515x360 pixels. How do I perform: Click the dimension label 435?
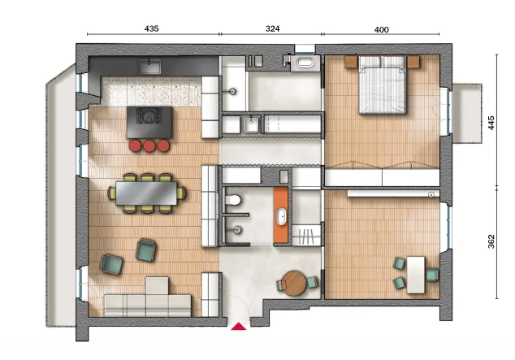click(151, 28)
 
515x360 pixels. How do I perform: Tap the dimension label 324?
click(272, 28)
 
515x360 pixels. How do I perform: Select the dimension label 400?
click(381, 29)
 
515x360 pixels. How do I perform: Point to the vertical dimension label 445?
click(491, 123)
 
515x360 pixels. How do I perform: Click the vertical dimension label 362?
click(491, 241)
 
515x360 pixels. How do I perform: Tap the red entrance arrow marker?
click(239, 326)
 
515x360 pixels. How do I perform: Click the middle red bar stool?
click(149, 145)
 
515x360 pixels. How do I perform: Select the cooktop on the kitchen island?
click(149, 116)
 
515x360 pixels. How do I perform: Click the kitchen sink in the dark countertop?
click(149, 66)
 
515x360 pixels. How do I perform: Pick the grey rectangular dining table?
click(146, 193)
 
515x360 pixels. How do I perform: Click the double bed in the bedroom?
click(382, 85)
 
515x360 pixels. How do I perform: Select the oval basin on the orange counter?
click(281, 216)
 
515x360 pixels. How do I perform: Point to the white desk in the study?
click(416, 275)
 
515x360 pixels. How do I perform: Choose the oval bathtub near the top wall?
click(305, 62)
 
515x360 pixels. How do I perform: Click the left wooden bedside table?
click(351, 62)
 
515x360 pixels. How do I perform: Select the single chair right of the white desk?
click(432, 275)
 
